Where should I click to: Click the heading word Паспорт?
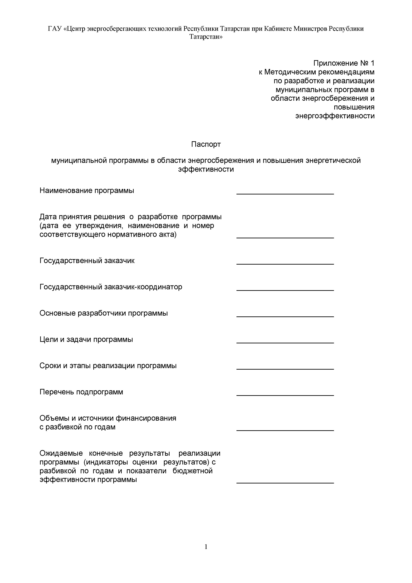pyautogui.click(x=206, y=144)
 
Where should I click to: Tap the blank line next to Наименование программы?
pyautogui.click(x=285, y=194)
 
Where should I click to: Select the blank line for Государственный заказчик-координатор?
pyautogui.click(x=285, y=290)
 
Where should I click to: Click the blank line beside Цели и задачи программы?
pyautogui.click(x=285, y=343)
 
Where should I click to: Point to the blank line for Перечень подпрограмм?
pyautogui.click(x=285, y=395)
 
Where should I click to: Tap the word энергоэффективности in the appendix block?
pyautogui.click(x=335, y=116)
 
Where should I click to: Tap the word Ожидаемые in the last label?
pyautogui.click(x=61, y=453)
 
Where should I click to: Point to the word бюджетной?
pyautogui.click(x=193, y=471)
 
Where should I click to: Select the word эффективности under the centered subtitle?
pyautogui.click(x=206, y=169)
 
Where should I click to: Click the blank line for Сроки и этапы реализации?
pyautogui.click(x=285, y=369)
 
